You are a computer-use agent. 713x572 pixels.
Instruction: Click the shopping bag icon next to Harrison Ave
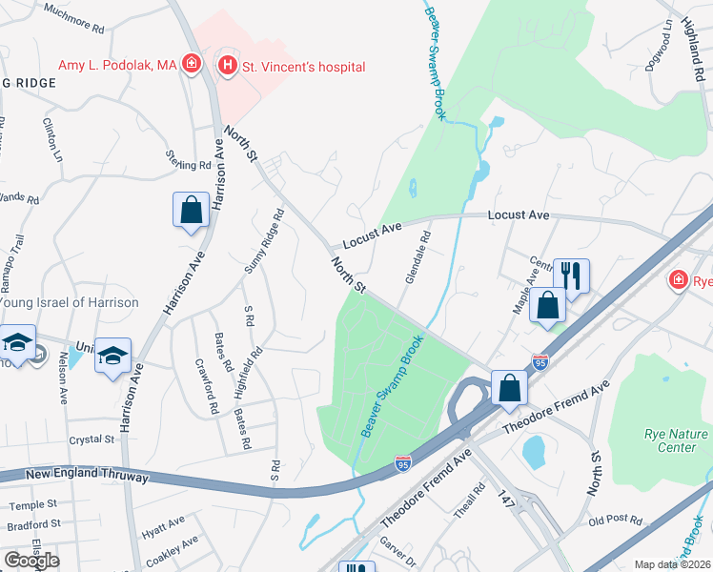coord(191,210)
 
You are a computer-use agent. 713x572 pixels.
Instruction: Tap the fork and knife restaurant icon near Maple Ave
coord(571,276)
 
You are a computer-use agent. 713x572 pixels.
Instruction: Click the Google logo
coord(31,560)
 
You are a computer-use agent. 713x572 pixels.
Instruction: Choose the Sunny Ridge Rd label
coord(264,242)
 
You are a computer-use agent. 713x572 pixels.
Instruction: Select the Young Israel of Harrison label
coord(69,302)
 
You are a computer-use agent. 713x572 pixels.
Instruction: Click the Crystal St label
coord(92,439)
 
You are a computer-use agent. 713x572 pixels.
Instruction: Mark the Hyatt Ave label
coord(163,523)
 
